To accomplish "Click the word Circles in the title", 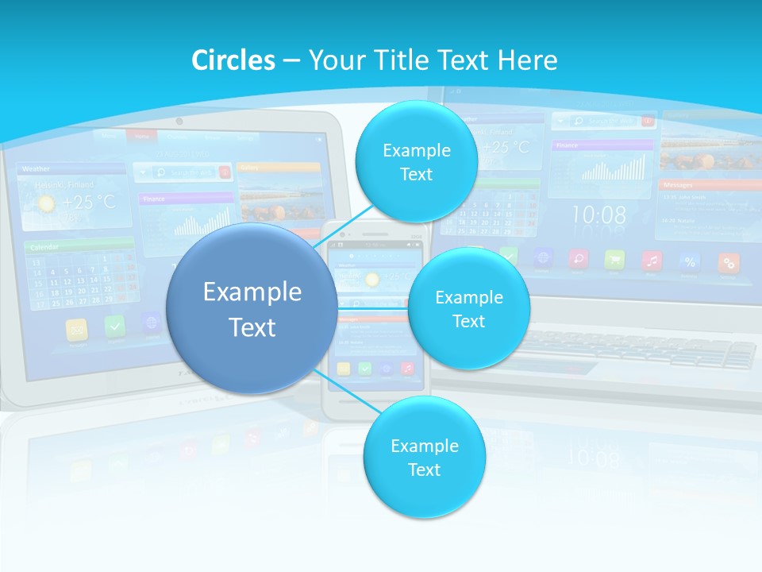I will [233, 60].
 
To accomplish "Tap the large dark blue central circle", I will [252, 309].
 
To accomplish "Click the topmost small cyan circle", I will [416, 162].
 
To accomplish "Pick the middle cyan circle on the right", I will [468, 309].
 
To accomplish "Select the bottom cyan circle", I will [424, 458].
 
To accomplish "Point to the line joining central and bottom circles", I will [348, 393].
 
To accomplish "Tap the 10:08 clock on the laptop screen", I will [598, 214].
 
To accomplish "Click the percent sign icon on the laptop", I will [690, 261].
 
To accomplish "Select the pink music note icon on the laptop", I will [652, 260].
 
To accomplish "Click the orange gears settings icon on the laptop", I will [728, 262].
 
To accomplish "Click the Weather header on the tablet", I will [37, 168].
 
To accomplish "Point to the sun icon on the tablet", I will [47, 203].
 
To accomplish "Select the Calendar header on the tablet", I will [45, 248].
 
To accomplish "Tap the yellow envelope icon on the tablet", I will [78, 327].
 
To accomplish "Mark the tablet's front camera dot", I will [179, 122].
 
